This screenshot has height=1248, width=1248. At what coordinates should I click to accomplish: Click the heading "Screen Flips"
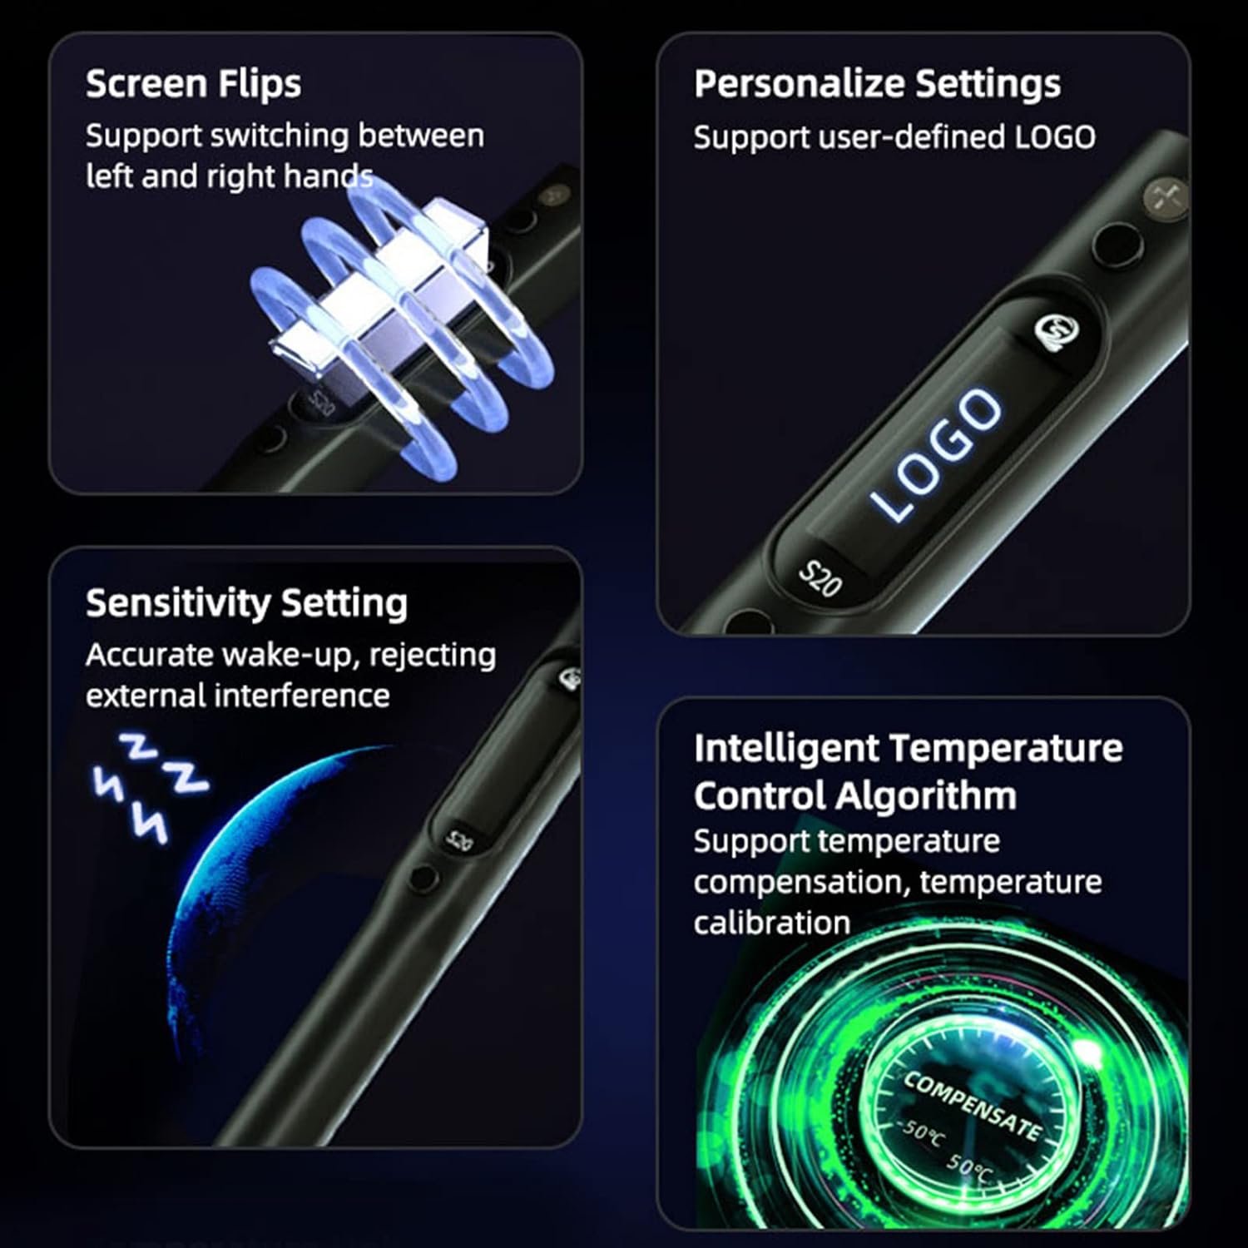tap(193, 84)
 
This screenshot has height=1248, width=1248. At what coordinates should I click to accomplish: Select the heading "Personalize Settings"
tap(877, 84)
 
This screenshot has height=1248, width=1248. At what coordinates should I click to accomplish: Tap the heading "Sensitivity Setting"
tap(246, 603)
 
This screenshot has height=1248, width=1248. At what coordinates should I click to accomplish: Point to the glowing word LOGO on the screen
tap(936, 454)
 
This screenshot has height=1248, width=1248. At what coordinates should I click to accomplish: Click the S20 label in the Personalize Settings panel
tap(820, 578)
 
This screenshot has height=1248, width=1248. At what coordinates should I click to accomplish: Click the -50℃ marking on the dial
tap(921, 1132)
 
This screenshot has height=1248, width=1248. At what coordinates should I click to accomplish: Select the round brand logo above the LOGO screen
tap(1057, 332)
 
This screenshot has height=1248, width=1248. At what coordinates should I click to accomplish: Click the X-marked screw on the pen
tap(1164, 196)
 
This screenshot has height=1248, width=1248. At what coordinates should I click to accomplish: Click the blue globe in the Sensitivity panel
tap(250, 899)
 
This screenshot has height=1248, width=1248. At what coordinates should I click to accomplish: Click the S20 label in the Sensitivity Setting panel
tap(459, 839)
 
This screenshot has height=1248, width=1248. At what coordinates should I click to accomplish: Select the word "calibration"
tap(771, 923)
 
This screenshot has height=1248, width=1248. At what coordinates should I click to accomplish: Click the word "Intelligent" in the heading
tap(785, 748)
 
